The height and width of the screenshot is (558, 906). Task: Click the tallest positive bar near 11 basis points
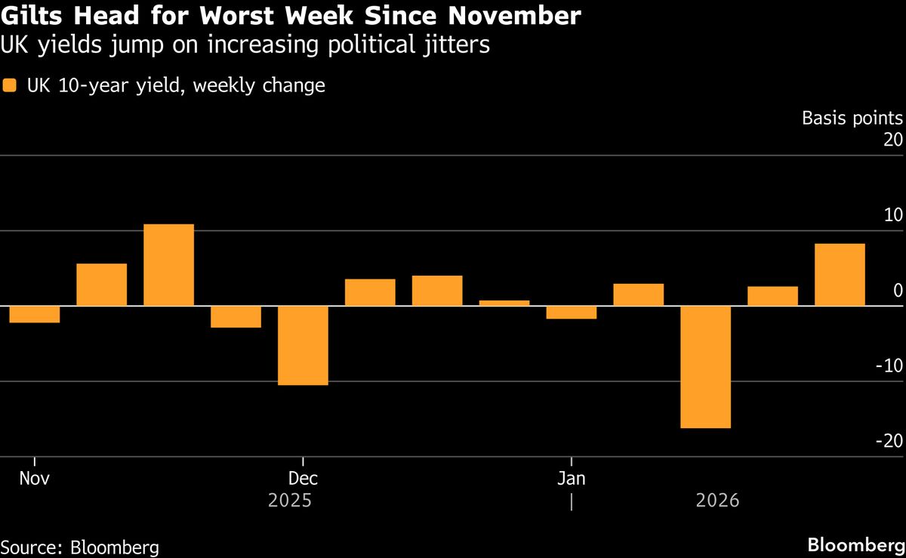click(x=168, y=265)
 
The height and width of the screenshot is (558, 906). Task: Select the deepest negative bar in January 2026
click(x=706, y=366)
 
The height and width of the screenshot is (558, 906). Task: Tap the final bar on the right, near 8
click(x=840, y=275)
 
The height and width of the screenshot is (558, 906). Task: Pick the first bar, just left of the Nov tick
click(x=35, y=314)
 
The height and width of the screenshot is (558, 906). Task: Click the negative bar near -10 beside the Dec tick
click(x=303, y=345)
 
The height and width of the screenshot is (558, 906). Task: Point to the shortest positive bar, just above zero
click(x=504, y=303)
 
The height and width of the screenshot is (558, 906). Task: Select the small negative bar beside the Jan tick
click(x=572, y=312)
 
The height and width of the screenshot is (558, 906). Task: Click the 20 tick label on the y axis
click(x=892, y=140)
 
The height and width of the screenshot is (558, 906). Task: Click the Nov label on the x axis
click(x=34, y=479)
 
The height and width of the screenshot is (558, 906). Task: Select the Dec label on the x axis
click(x=303, y=479)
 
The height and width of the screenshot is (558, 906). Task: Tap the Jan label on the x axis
click(x=572, y=479)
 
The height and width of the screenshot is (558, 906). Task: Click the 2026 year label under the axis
click(x=717, y=501)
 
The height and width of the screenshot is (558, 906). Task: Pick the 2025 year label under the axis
click(x=291, y=501)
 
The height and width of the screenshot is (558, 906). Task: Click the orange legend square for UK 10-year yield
click(x=9, y=85)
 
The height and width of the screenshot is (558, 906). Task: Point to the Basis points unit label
click(x=852, y=119)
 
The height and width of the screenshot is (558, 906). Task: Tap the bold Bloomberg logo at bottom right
click(x=855, y=545)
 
